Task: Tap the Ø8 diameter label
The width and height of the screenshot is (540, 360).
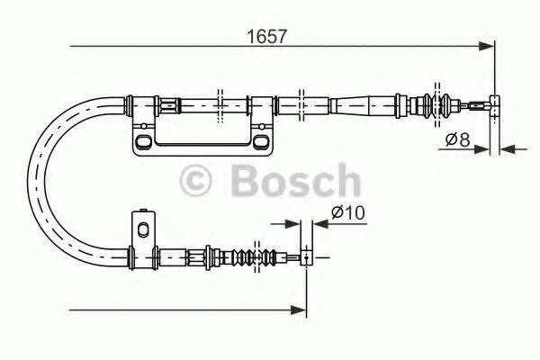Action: click(458, 139)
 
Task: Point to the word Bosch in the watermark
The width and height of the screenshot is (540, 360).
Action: click(293, 181)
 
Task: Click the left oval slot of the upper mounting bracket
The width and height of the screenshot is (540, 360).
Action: click(143, 142)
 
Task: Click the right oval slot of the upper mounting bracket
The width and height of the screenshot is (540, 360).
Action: click(260, 143)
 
